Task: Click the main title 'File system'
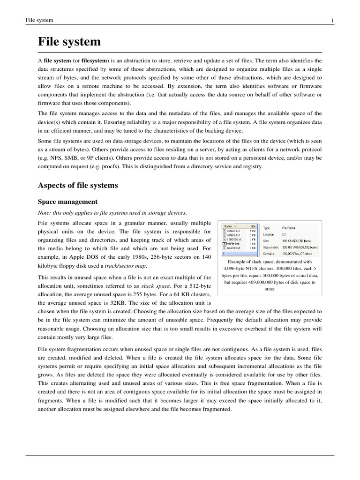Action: point(69,42)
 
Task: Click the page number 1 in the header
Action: point(332,20)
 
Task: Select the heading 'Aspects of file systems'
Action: point(77,186)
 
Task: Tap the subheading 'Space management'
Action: point(67,202)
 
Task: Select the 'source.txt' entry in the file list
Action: point(234,248)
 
